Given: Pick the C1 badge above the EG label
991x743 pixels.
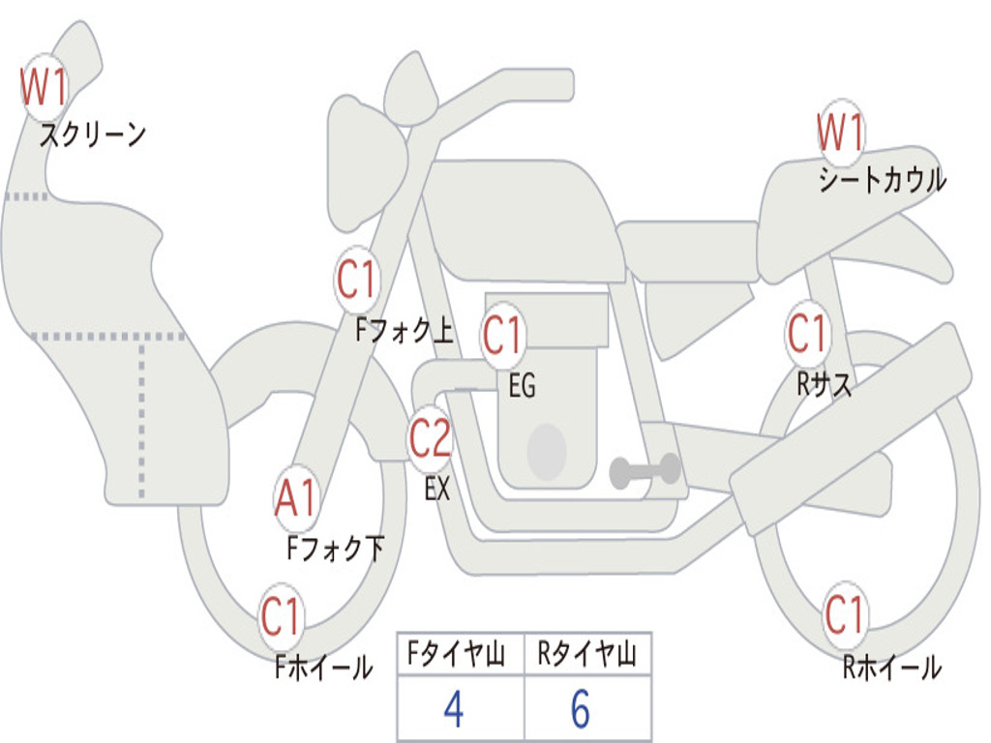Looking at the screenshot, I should tap(503, 336).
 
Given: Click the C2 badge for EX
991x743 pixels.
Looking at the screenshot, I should tap(430, 440).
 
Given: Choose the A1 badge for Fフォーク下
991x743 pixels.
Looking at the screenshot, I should tap(295, 500).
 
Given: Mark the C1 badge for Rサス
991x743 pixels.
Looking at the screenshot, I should tap(807, 334).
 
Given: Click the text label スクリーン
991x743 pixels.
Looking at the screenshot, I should tap(92, 134).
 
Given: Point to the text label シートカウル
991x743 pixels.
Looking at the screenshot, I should tap(882, 180).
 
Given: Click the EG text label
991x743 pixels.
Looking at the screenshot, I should tap(522, 387).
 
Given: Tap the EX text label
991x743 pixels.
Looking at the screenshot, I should tap(437, 490).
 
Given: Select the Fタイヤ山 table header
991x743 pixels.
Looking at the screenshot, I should tap(460, 656).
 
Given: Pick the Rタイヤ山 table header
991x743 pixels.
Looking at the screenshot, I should tap(587, 656).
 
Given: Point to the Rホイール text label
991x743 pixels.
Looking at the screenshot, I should tap(891, 668).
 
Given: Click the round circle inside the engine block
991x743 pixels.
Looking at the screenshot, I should tap(547, 450).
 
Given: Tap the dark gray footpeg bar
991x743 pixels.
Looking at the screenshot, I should tap(646, 472).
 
